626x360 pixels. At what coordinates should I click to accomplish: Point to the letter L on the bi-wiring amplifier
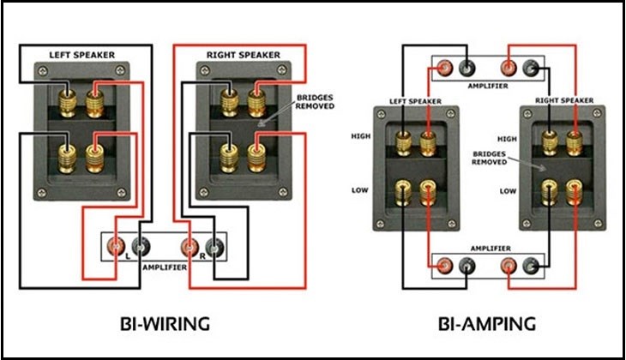click(128, 256)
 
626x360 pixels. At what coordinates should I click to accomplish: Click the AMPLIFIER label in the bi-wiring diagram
click(164, 267)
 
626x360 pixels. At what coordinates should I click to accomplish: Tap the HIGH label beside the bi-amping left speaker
click(359, 135)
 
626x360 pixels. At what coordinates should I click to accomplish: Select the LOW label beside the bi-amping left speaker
click(361, 189)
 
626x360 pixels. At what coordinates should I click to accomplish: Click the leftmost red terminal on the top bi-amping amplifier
click(443, 66)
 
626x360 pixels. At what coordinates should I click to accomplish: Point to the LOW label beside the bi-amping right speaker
click(508, 190)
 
